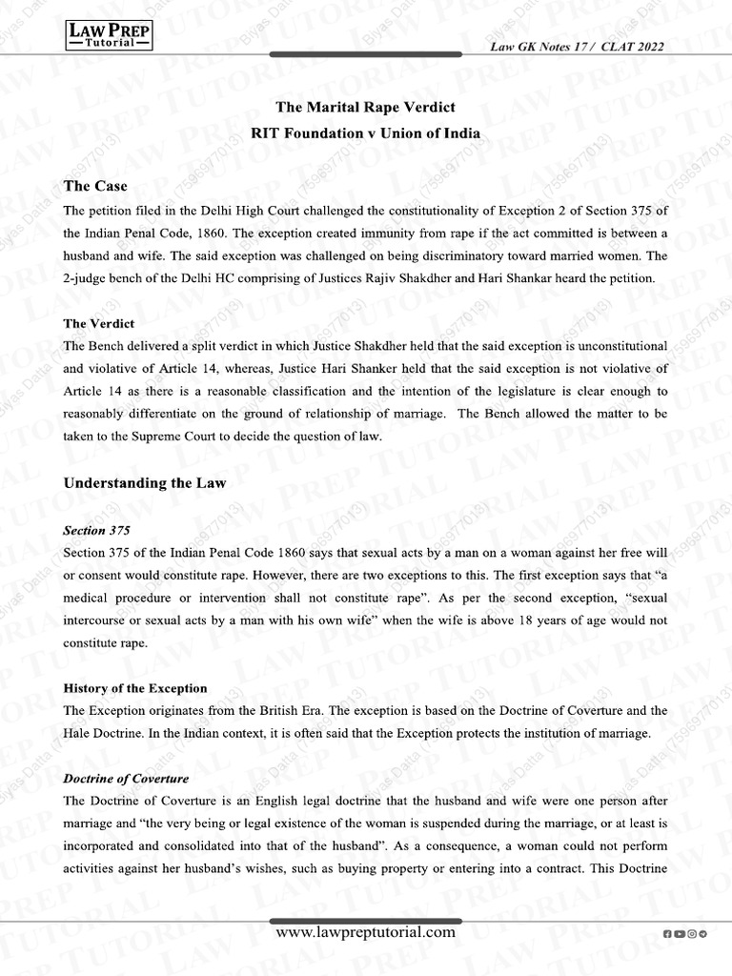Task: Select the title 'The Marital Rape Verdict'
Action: pos(365,108)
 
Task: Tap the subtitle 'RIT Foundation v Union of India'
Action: pos(365,134)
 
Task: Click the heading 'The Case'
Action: pos(95,185)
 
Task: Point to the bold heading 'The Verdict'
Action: pos(98,324)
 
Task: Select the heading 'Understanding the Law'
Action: pos(145,483)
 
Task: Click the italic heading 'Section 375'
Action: pos(96,529)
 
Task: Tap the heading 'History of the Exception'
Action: pos(135,687)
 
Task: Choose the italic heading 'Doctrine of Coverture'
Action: pos(126,779)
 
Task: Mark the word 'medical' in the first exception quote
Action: pos(89,597)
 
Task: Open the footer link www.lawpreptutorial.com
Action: pos(365,932)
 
